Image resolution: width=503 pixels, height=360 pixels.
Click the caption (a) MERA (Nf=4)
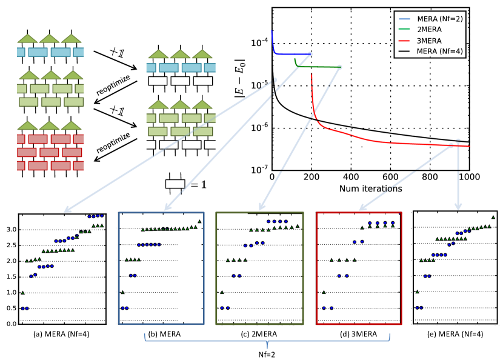[62, 334]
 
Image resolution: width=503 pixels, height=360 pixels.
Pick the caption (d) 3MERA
[359, 334]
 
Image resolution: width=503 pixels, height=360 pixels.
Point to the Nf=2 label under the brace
[264, 354]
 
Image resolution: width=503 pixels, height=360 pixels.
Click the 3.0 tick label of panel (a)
[10, 230]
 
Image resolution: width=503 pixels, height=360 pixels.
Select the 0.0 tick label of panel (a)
[10, 324]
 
